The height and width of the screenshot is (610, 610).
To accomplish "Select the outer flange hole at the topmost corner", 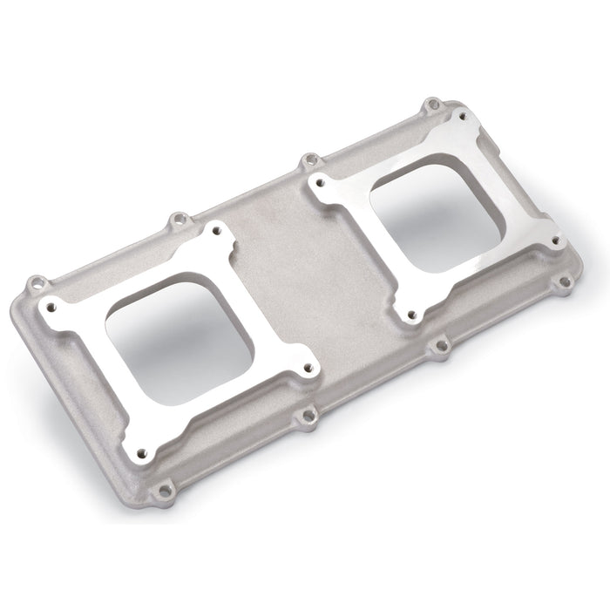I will click(x=431, y=105).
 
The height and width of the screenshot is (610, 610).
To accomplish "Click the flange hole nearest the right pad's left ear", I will click(x=306, y=161).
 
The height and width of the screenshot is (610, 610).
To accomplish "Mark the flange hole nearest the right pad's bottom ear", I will click(x=441, y=346).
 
